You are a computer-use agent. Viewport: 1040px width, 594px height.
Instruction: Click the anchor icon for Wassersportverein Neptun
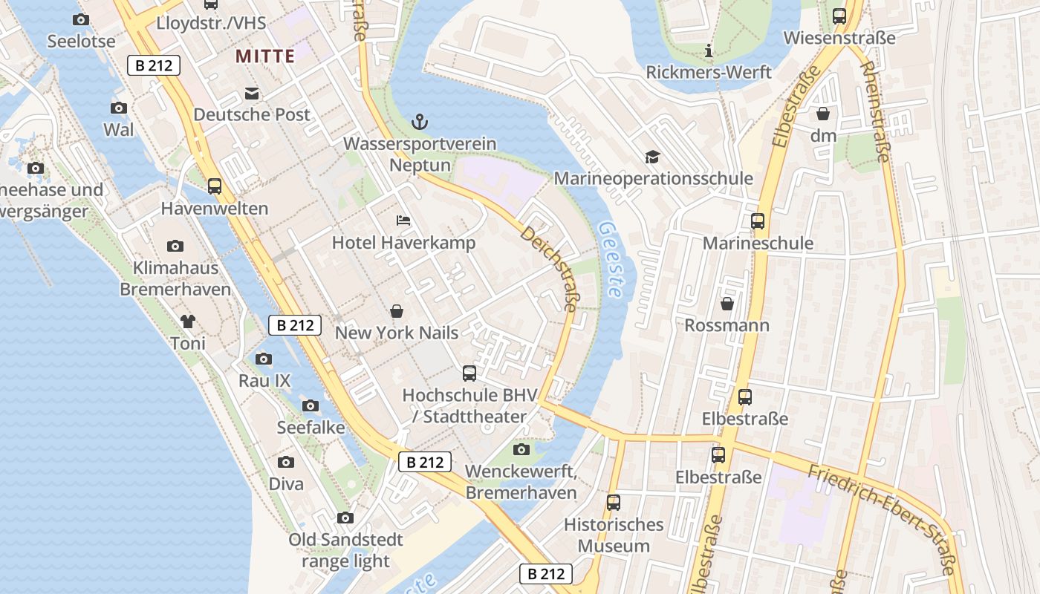point(420,121)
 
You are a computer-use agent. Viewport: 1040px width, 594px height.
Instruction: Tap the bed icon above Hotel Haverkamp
point(403,221)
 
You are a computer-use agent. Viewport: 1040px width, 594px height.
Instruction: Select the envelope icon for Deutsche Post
point(252,93)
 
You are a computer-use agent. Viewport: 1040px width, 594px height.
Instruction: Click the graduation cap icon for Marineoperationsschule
point(652,157)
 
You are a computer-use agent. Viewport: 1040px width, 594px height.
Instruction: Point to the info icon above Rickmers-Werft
point(709,50)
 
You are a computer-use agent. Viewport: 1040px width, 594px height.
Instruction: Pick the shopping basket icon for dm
point(823,114)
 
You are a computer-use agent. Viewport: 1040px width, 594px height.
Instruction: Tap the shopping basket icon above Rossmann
point(727,304)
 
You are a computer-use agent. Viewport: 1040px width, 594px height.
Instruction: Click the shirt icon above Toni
point(187,322)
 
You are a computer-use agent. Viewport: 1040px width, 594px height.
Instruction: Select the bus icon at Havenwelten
point(215,186)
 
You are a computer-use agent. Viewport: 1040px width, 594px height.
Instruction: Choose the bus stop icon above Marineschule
point(758,221)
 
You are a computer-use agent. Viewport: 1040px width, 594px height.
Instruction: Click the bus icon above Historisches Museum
point(614,503)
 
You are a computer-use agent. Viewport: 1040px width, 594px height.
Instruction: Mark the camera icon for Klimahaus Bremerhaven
point(175,246)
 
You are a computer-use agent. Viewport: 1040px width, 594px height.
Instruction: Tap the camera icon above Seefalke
point(311,405)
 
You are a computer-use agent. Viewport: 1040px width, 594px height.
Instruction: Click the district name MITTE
point(265,56)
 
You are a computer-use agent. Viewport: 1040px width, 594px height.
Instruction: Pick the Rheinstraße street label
point(875,111)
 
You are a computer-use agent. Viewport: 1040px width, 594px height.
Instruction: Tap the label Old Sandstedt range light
point(345,550)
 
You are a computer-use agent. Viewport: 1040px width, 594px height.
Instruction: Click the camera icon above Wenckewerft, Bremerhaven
point(521,449)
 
